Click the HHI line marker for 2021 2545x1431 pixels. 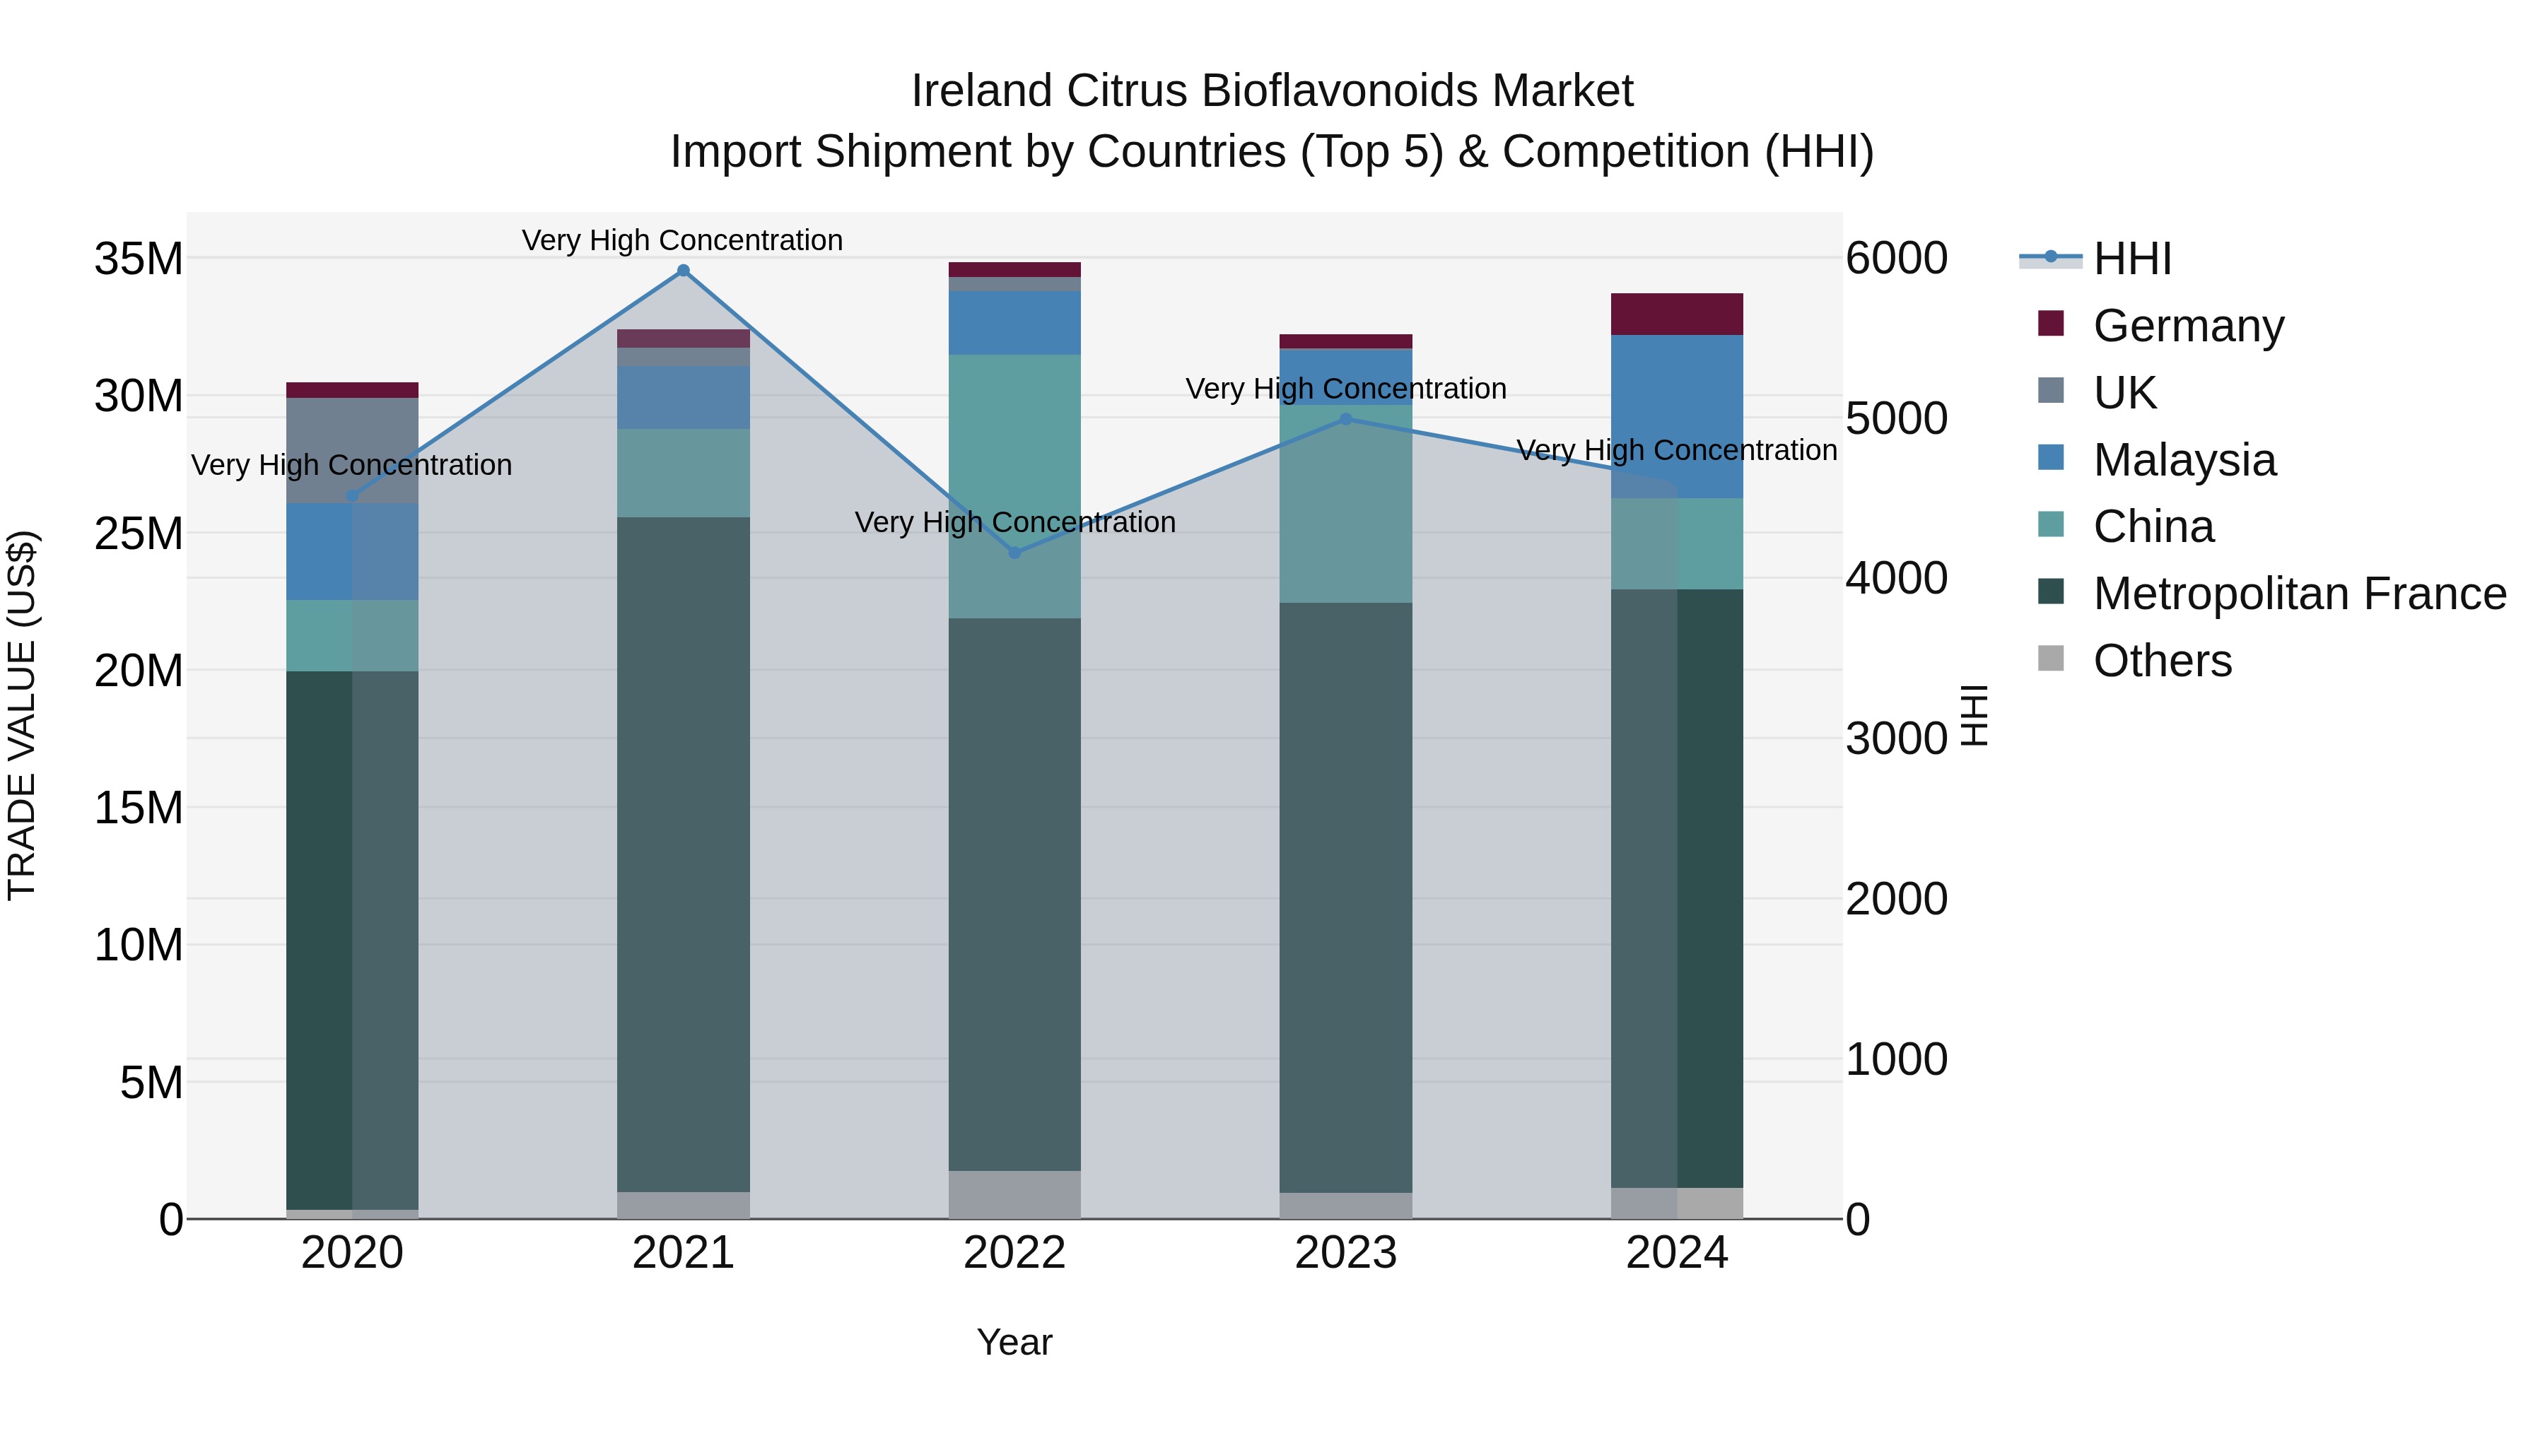tap(683, 271)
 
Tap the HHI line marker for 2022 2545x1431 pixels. tap(1014, 552)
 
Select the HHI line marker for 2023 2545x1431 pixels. tap(1345, 419)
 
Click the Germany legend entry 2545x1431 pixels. tap(2188, 326)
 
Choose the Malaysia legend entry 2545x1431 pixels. tap(2184, 460)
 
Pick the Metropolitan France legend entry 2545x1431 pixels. tap(2299, 594)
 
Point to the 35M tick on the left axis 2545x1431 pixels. tap(139, 259)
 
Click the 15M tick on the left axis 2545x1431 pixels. tap(139, 808)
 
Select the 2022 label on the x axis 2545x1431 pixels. tap(1014, 1253)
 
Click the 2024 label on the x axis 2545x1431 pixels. tap(1677, 1253)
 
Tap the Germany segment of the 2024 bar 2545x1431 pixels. tap(1677, 314)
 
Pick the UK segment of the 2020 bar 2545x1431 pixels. tap(353, 449)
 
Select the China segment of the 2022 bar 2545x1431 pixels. tap(1014, 486)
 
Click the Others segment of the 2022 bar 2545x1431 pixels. tap(1014, 1194)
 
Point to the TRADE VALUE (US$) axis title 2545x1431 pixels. tap(22, 715)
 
